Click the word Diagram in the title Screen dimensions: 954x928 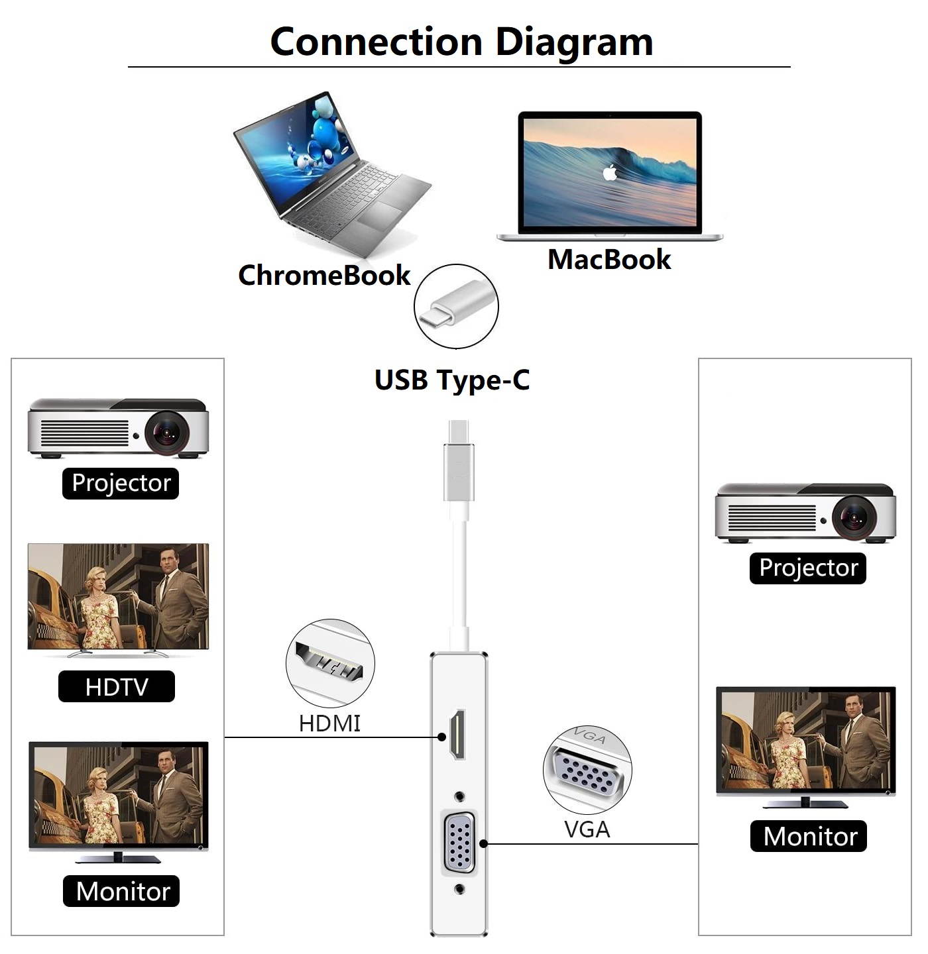(574, 42)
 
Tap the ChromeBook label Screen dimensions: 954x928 (324, 275)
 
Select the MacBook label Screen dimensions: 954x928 (609, 259)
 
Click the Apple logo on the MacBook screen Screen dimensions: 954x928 (610, 173)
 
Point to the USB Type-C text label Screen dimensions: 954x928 (452, 380)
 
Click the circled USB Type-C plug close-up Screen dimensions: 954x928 (456, 306)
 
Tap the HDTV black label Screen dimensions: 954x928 (117, 686)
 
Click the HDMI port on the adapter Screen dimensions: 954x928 (457, 734)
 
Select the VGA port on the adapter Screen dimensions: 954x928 (459, 843)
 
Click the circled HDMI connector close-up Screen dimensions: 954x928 (330, 663)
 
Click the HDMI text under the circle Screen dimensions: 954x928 (329, 723)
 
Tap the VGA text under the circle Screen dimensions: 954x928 (587, 829)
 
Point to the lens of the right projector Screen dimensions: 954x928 (854, 517)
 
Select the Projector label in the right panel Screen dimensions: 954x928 (808, 568)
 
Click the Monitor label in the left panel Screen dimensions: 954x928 (122, 891)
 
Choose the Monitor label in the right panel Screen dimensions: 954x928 (809, 836)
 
